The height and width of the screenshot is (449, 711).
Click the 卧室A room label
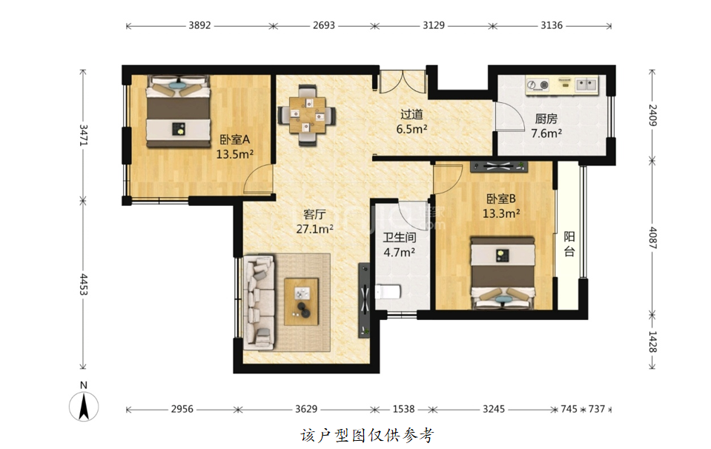tap(235, 139)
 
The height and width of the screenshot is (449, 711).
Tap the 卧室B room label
tap(501, 199)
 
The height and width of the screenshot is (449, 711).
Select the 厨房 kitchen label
tap(546, 119)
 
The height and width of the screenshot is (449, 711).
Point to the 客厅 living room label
tap(314, 214)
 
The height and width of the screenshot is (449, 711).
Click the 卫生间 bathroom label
tap(400, 237)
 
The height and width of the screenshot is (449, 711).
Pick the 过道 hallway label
tap(411, 114)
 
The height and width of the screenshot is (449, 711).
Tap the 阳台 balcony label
tap(569, 245)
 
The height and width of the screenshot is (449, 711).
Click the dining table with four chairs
tap(307, 115)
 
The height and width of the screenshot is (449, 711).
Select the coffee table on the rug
tap(301, 302)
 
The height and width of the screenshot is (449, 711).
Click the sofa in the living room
tap(259, 302)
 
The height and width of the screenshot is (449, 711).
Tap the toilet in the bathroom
tap(388, 292)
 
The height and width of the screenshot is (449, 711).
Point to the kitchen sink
tap(586, 84)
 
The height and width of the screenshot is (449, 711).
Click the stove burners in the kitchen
tap(538, 84)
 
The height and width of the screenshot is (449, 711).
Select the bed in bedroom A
tap(178, 111)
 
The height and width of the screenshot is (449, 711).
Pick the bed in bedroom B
tap(503, 273)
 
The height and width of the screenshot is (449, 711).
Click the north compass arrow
tap(84, 406)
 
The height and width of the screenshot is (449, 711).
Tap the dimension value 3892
tap(200, 25)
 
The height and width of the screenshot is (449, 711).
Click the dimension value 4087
tap(652, 238)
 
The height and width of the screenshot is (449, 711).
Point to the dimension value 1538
tap(403, 409)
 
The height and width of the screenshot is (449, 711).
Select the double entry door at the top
tap(403, 82)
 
